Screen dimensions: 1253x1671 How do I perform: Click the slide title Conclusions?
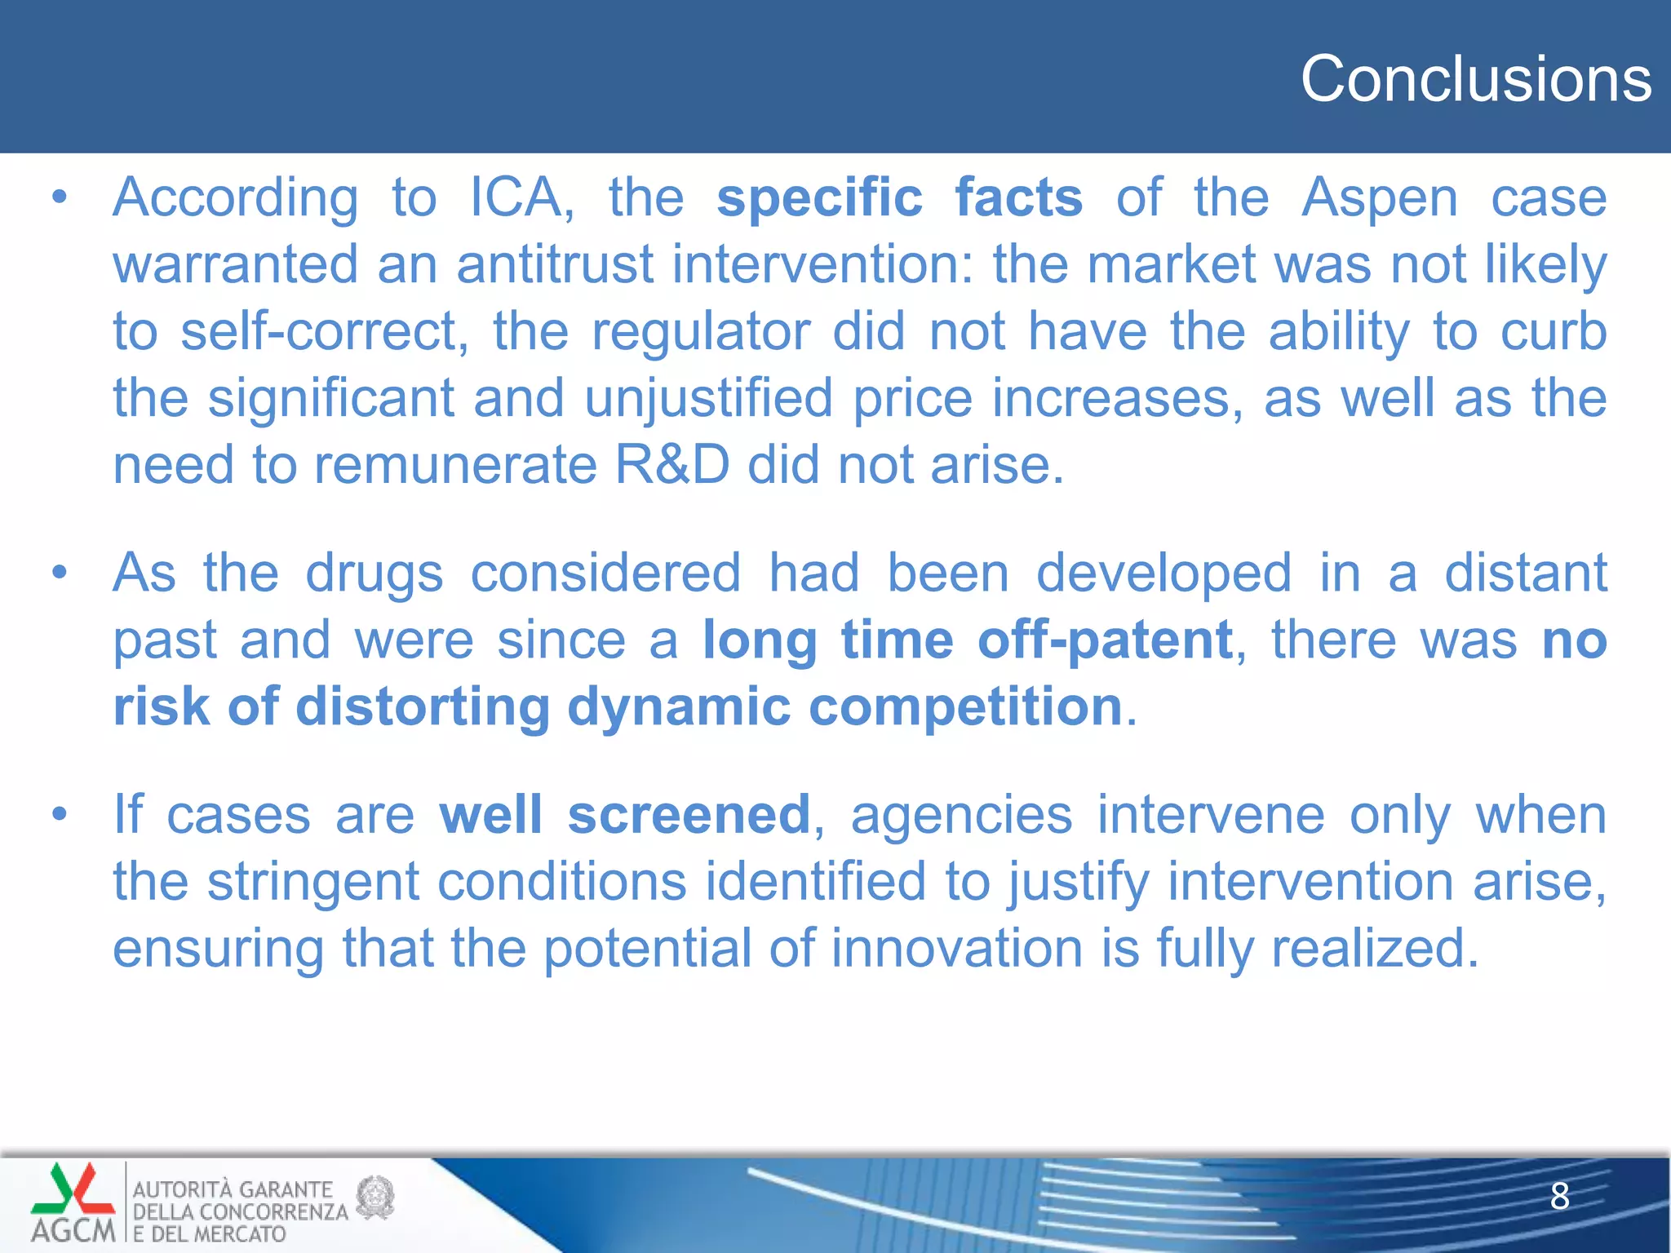(x=1475, y=79)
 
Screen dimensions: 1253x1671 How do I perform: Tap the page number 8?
(x=1559, y=1196)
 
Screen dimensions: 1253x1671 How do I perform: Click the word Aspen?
(x=1380, y=198)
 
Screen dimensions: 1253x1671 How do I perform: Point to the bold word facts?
(x=1018, y=198)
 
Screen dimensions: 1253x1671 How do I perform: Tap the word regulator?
(x=700, y=332)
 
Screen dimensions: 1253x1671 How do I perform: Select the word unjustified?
(x=708, y=399)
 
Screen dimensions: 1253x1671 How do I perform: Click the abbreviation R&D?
(x=672, y=466)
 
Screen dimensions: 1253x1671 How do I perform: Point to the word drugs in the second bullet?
(x=374, y=573)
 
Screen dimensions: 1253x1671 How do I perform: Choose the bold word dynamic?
(x=678, y=706)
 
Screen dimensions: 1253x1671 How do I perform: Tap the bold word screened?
(x=688, y=815)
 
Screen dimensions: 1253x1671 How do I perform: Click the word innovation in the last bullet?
(x=957, y=949)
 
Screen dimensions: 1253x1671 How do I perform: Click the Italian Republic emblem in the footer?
(x=376, y=1197)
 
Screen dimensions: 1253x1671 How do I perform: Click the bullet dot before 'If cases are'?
(x=59, y=815)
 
